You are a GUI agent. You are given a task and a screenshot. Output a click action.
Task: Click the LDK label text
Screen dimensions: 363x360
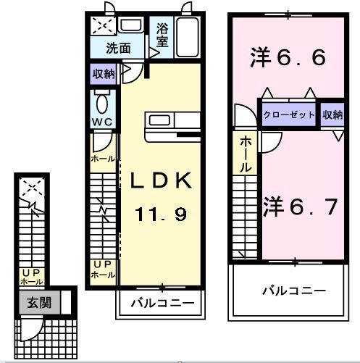tap(161, 180)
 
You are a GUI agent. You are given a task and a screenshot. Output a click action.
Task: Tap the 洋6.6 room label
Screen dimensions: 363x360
tap(288, 57)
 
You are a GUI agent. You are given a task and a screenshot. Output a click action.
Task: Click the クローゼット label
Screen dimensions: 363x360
tap(289, 115)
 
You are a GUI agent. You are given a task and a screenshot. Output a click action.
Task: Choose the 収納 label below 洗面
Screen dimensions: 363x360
tap(102, 73)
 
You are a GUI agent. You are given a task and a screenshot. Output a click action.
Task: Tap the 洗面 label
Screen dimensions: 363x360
tap(118, 49)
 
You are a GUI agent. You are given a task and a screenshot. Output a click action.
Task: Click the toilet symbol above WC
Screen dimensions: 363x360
tap(101, 100)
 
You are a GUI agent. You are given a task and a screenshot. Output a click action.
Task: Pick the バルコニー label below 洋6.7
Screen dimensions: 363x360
tap(293, 291)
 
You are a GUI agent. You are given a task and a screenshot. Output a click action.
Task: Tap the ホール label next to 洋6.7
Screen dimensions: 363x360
tap(246, 154)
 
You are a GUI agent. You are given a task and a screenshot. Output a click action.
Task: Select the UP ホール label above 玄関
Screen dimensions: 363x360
tap(30, 277)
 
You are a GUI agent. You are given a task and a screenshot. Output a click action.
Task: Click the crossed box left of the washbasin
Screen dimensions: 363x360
tap(101, 26)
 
